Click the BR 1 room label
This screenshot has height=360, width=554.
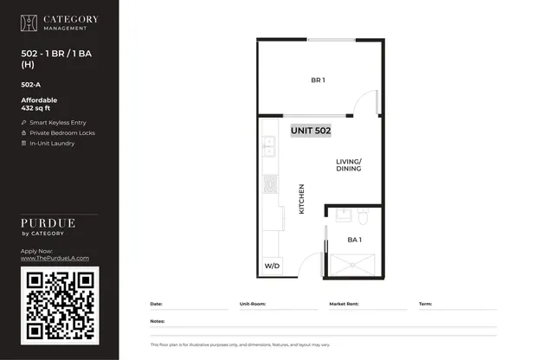click(x=318, y=80)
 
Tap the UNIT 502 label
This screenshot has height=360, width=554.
click(x=311, y=131)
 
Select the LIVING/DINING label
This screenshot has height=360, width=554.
click(x=348, y=165)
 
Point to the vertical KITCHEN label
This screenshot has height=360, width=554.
click(x=301, y=199)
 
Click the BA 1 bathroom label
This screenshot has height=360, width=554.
click(x=354, y=240)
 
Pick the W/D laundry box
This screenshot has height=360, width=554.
click(x=272, y=266)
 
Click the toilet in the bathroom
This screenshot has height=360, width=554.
click(x=363, y=215)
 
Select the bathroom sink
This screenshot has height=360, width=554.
click(x=344, y=215)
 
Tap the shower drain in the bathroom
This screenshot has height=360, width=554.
click(x=352, y=265)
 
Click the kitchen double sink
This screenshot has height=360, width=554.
click(x=269, y=146)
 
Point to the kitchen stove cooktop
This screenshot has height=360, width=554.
click(x=270, y=184)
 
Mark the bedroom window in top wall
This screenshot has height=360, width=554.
click(x=332, y=40)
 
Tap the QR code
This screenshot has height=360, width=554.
click(x=60, y=306)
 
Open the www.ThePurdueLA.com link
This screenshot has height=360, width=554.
click(x=55, y=258)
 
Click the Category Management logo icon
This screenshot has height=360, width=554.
click(x=29, y=23)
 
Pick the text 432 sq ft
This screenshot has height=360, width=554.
click(x=35, y=108)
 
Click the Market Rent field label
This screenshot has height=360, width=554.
click(x=344, y=304)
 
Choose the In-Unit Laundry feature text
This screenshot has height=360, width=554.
click(x=52, y=144)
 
